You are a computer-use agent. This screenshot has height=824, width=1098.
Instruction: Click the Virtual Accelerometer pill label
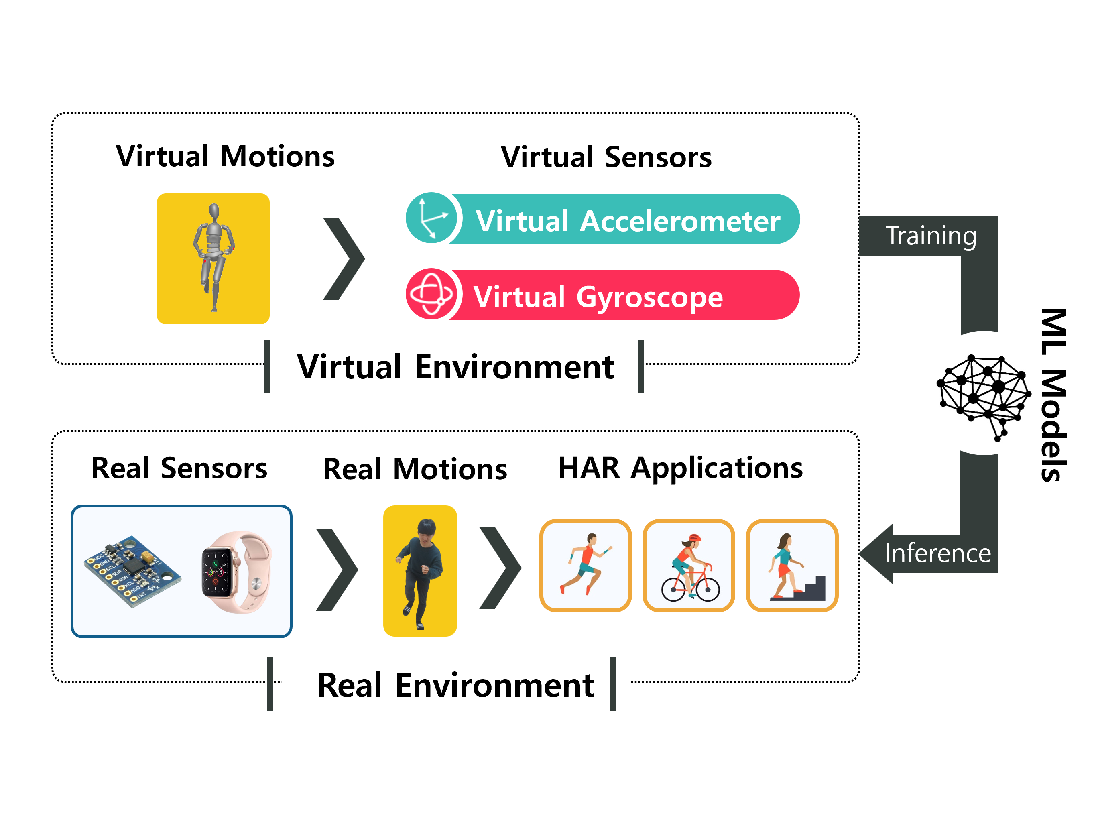[627, 220]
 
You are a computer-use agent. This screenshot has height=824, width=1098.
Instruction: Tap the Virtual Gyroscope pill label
[598, 296]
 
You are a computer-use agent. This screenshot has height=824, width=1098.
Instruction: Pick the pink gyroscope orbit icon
[431, 294]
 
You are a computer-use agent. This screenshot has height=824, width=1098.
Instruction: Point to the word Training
[931, 235]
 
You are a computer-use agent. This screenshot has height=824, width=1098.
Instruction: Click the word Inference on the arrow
[937, 553]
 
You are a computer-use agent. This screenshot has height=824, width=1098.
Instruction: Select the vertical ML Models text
[1053, 395]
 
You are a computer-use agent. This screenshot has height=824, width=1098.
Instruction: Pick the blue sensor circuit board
[132, 570]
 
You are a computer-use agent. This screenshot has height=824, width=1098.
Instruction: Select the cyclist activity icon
[689, 566]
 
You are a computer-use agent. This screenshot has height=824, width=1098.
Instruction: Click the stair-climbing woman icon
[792, 566]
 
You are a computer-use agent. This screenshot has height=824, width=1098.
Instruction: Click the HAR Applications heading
[680, 468]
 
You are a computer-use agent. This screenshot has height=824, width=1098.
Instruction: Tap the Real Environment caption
[455, 685]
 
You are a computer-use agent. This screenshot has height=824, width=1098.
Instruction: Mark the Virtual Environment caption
[455, 367]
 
